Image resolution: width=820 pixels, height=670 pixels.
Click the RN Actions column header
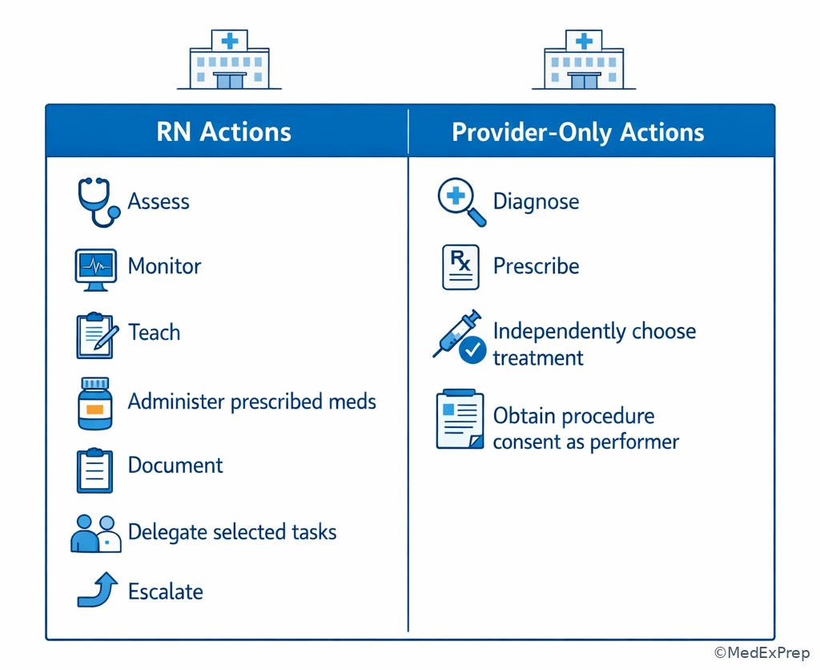click(x=223, y=131)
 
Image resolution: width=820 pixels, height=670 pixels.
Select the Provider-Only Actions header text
click(x=577, y=131)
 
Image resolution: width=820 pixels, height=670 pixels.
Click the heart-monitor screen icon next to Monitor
click(x=95, y=269)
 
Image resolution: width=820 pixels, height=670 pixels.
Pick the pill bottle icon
click(x=94, y=404)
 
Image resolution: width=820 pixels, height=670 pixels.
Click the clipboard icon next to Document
click(x=94, y=470)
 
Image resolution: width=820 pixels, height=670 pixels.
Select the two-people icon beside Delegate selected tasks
click(x=96, y=533)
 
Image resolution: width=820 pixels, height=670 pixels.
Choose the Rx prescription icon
click(x=460, y=267)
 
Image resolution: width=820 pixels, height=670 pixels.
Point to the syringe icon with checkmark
click(x=460, y=336)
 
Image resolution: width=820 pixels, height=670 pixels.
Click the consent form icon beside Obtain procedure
click(x=460, y=420)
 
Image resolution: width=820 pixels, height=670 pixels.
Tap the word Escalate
click(x=165, y=591)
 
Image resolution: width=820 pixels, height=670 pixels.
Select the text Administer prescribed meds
click(x=251, y=401)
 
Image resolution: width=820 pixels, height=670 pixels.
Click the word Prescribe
click(x=536, y=266)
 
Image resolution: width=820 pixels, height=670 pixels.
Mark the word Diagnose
click(x=536, y=200)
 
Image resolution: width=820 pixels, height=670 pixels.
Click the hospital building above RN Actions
click(x=229, y=60)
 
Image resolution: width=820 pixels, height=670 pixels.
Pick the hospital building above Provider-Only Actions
click(x=584, y=60)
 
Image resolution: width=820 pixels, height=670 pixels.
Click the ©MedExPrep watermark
click(x=762, y=652)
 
